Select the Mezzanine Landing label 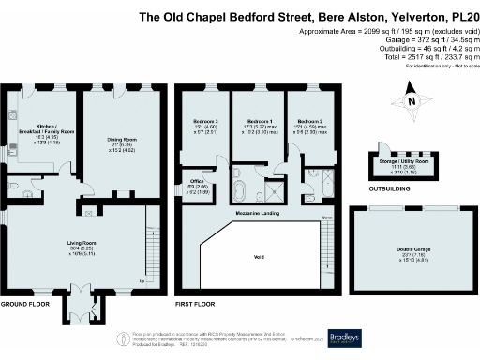[x=262, y=215]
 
